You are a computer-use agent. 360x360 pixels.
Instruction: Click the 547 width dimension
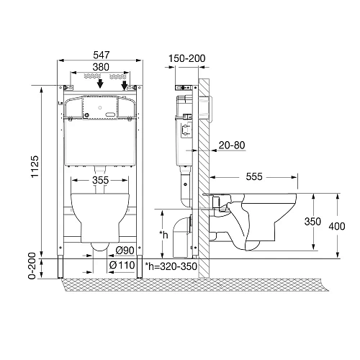[x=102, y=55]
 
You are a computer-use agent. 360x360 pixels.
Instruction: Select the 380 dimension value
[x=101, y=67]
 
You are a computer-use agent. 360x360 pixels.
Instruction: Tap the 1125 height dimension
[x=35, y=166]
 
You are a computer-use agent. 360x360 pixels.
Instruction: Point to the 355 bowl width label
[x=101, y=180]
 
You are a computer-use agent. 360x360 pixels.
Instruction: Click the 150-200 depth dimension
[x=187, y=58]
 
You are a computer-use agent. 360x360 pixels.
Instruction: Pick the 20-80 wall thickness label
[x=232, y=145]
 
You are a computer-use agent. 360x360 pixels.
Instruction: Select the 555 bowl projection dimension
[x=254, y=177]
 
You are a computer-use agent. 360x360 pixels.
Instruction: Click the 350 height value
[x=312, y=222]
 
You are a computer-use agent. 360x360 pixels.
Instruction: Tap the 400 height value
[x=337, y=226]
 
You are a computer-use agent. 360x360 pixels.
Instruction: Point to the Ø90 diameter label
[x=125, y=251]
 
